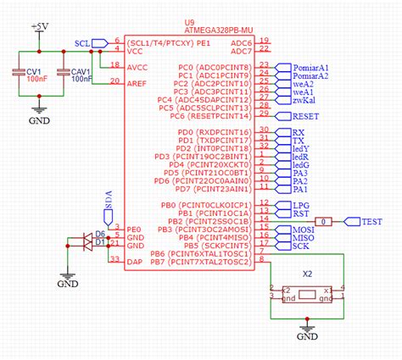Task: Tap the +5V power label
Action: click(39, 27)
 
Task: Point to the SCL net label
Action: click(82, 42)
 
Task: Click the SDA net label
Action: click(108, 199)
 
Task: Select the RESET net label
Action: click(304, 115)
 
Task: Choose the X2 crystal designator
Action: click(307, 275)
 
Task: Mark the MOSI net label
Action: click(304, 229)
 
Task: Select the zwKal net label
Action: click(304, 99)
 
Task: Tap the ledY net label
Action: click(302, 148)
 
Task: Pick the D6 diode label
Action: click(100, 233)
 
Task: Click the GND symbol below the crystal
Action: click(307, 336)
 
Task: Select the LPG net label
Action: click(302, 205)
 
